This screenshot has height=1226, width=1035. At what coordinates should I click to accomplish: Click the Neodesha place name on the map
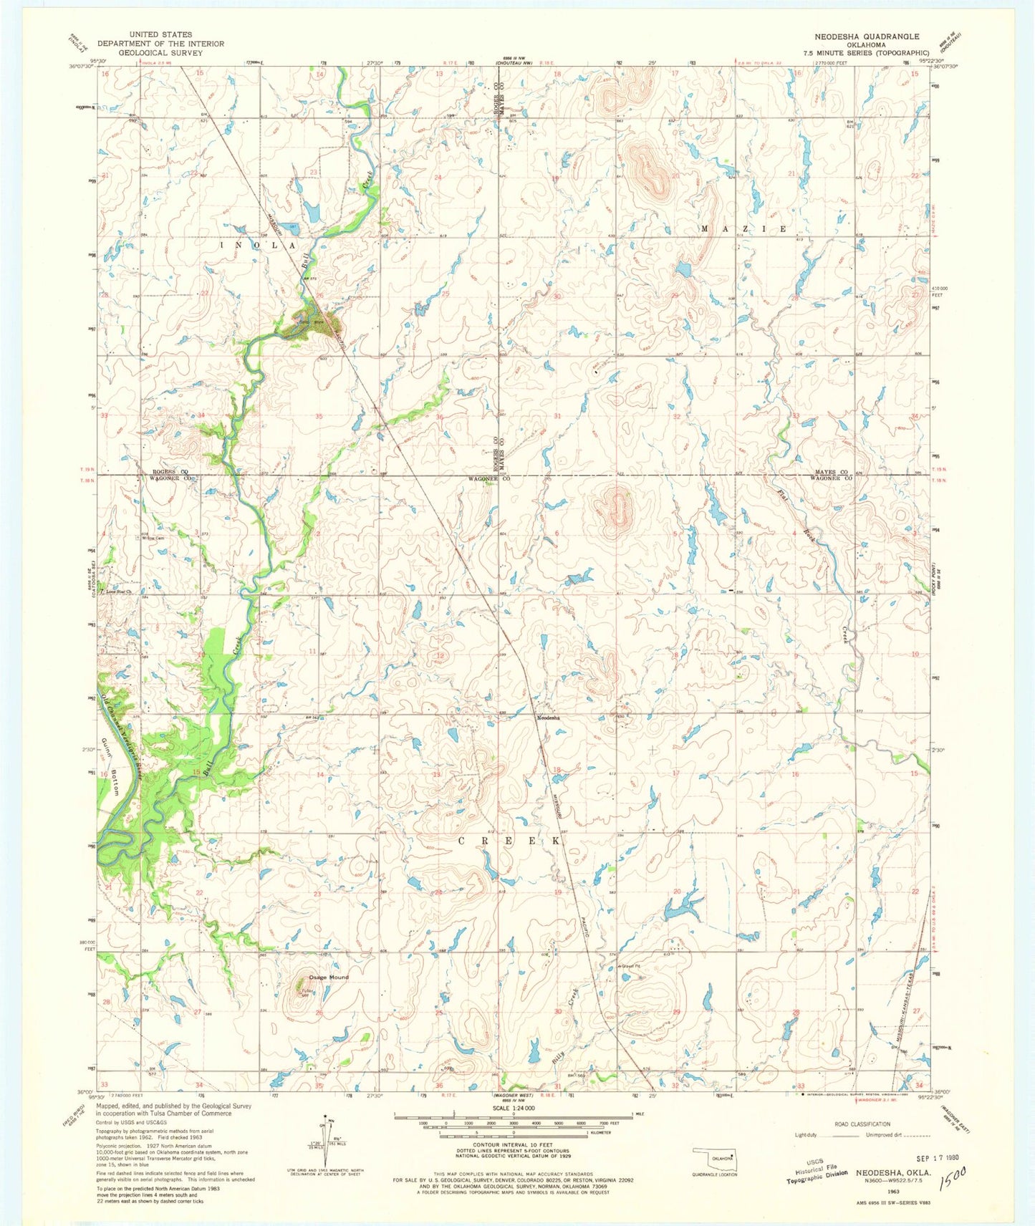550,717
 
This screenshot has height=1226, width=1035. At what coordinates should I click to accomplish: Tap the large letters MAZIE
743,229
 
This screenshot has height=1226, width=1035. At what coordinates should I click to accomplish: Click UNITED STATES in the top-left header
160,34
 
